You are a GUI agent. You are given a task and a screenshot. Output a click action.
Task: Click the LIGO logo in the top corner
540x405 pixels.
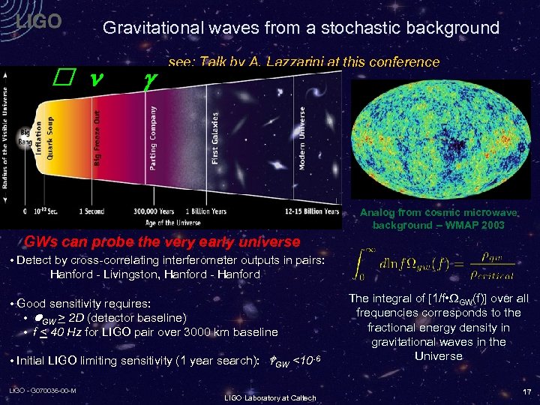[x=39, y=22]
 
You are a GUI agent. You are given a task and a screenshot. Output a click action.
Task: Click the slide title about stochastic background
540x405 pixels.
[x=301, y=28]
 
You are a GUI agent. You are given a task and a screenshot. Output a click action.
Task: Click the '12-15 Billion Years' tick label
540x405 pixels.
[x=311, y=211]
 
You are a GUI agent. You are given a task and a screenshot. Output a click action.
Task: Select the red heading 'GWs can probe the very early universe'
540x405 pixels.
[x=162, y=242]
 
